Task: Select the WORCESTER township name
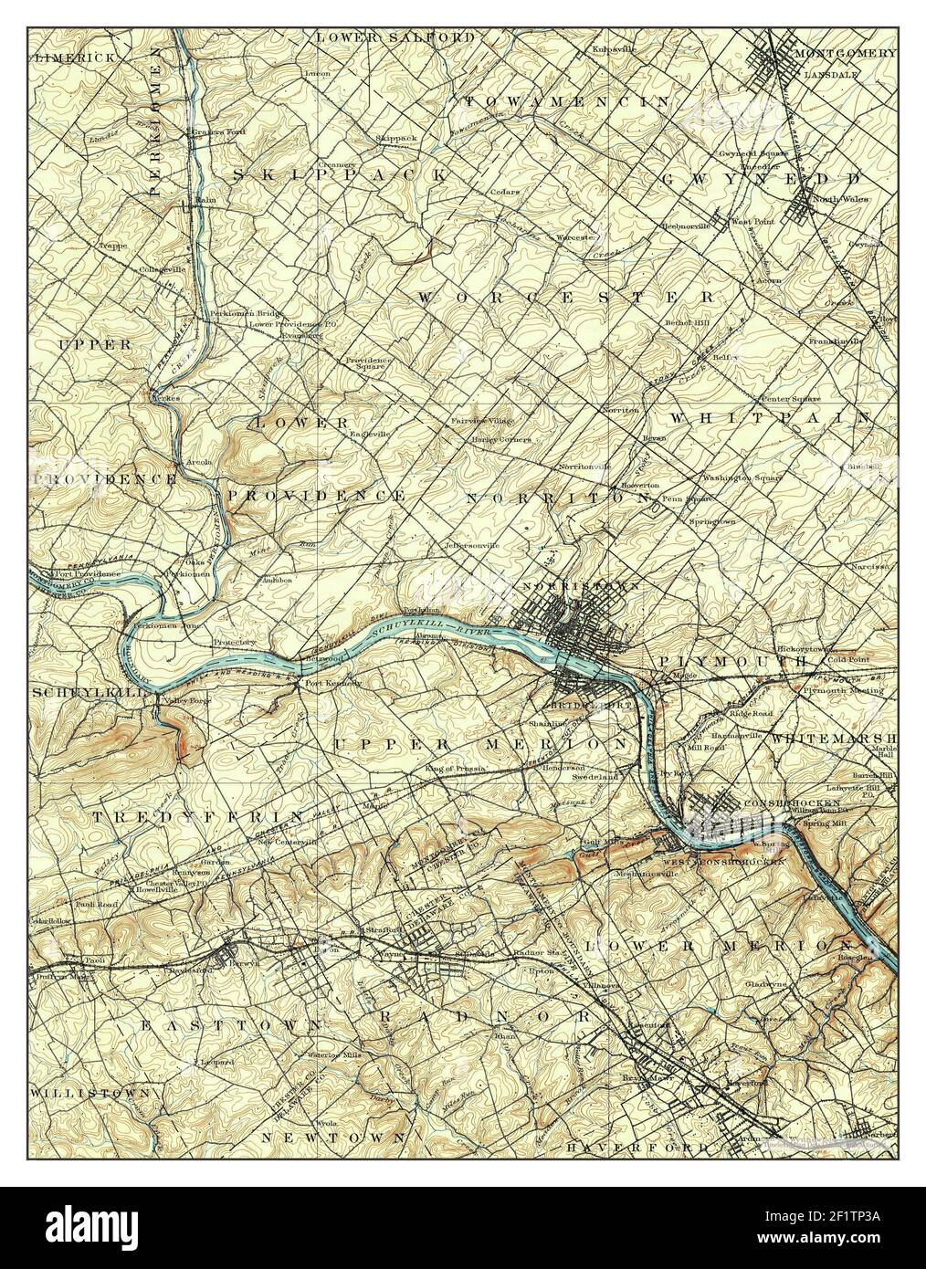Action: [x=566, y=298]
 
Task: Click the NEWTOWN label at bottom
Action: [x=332, y=1138]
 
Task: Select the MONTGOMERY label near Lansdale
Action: [x=845, y=53]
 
